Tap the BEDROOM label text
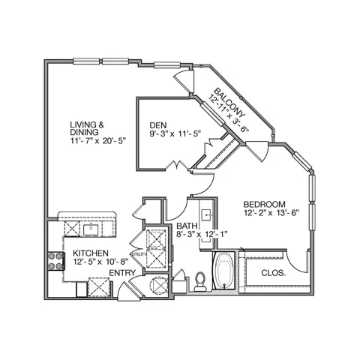tap(264, 204)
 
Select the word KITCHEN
tap(91, 253)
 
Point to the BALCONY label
tap(229, 103)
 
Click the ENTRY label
tap(122, 273)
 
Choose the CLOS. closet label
tap(273, 273)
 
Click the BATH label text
tap(187, 226)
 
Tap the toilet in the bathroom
tap(200, 281)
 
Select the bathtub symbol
tap(225, 271)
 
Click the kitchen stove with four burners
tap(56, 261)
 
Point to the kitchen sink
tap(91, 229)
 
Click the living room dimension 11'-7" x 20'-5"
tap(97, 141)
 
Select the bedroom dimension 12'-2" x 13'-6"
tap(271, 213)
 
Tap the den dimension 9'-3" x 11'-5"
tap(175, 133)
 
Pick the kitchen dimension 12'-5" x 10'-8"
tap(100, 262)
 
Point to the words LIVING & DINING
tap(87, 128)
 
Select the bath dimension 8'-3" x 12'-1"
tap(202, 234)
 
